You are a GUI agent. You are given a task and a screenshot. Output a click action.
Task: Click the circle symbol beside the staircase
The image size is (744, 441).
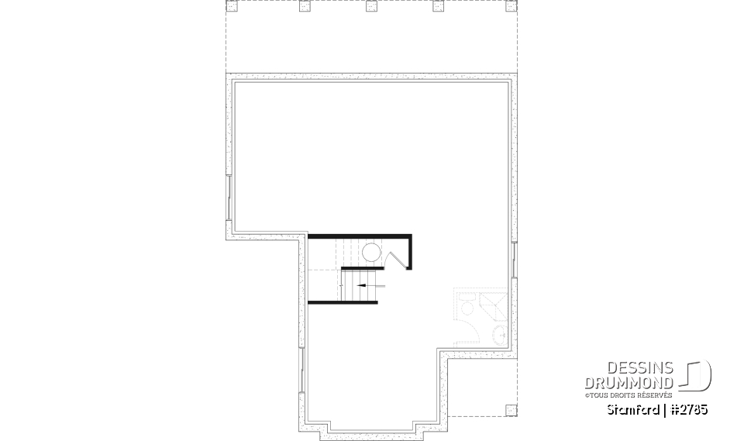coord(371,253)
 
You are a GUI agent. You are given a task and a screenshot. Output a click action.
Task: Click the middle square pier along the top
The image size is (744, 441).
coord(371,6)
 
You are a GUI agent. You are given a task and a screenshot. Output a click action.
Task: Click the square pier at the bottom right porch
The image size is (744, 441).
coord(509,410)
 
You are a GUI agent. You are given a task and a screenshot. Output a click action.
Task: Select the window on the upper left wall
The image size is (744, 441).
coord(229,198)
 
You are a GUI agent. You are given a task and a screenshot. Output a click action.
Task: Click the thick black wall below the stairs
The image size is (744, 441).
coord(343,301)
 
